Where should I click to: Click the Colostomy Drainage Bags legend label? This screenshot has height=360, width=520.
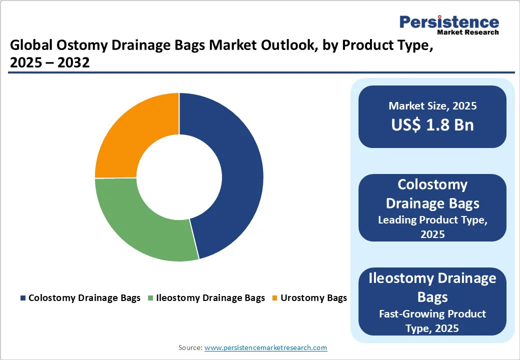(84, 298)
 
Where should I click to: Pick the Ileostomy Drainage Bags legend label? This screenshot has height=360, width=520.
(210, 298)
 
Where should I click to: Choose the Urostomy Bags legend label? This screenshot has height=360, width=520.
(313, 298)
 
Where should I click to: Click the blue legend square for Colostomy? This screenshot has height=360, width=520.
(23, 298)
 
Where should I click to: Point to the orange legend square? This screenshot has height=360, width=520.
(274, 298)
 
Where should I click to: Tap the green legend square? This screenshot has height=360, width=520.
(150, 298)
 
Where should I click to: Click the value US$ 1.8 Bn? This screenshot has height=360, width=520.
(432, 124)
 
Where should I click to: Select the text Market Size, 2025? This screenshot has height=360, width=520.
(432, 106)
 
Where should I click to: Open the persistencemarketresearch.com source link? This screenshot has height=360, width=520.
(265, 347)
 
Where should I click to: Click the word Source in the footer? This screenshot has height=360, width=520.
(190, 347)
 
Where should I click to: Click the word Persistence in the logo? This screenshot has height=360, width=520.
(449, 22)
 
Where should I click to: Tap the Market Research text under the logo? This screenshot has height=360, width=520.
(467, 32)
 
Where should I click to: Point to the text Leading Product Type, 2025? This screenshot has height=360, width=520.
(432, 227)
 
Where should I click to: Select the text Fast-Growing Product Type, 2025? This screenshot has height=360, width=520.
(432, 321)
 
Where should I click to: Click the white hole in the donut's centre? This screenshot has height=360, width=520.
(179, 177)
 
